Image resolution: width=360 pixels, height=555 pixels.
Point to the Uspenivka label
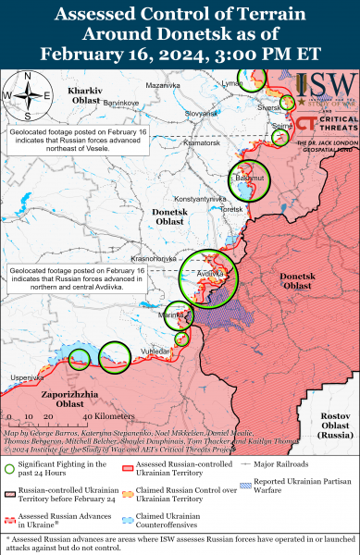click(x=27, y=377)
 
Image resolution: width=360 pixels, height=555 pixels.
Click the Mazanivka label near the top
click(x=163, y=84)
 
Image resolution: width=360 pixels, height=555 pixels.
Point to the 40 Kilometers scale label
click(x=82, y=419)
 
